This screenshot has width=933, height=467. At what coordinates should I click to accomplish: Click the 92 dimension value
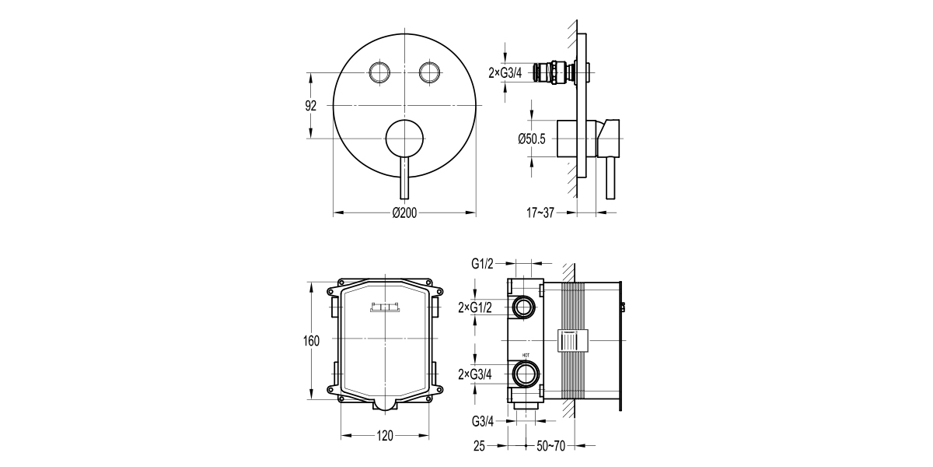click(x=311, y=107)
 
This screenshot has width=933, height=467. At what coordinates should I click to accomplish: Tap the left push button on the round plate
click(x=379, y=72)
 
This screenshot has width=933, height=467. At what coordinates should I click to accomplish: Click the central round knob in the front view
click(x=404, y=139)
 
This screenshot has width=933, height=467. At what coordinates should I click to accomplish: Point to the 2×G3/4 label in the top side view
click(x=505, y=73)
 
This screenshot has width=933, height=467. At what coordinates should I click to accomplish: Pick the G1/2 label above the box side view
click(x=482, y=264)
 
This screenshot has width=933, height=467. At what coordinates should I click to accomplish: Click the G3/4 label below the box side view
click(x=483, y=422)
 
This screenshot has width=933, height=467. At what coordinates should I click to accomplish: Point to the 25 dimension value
click(x=480, y=447)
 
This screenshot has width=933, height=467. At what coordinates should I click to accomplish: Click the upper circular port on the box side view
click(x=523, y=307)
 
